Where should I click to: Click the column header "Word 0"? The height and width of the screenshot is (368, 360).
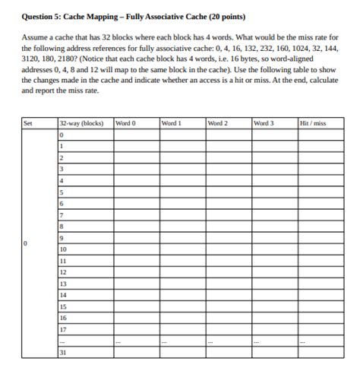tap(125, 122)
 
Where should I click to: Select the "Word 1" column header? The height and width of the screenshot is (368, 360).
tap(171, 122)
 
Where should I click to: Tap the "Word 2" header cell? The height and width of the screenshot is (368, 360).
tap(218, 122)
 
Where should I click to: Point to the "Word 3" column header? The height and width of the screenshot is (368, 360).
tap(264, 122)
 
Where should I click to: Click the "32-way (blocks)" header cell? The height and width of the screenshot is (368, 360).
tap(81, 122)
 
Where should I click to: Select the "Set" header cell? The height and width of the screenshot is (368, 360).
tap(28, 122)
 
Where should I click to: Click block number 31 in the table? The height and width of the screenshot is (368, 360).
tap(63, 353)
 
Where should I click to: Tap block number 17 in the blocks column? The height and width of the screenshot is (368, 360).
tap(63, 329)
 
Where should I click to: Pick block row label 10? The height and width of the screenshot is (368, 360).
tap(63, 249)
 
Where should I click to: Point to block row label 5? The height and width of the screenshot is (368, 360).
tap(62, 192)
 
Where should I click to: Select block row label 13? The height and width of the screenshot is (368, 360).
tap(63, 283)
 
